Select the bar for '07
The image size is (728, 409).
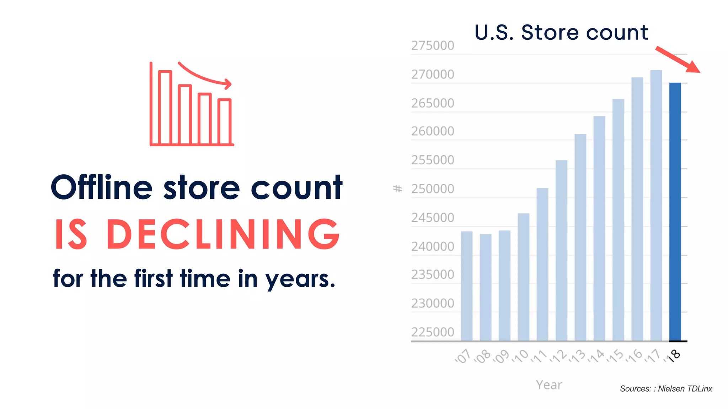466,286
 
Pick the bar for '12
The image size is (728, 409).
561,250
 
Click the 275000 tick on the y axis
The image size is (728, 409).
433,45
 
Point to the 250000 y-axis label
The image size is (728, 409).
433,189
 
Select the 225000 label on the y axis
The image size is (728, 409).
433,332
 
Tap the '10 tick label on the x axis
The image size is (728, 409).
520,356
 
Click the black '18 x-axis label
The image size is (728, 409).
674,355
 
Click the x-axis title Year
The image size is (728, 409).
549,385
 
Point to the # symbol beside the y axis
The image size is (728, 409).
397,189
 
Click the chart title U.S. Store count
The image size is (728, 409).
561,32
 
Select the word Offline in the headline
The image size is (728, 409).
102,187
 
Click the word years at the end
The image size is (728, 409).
300,279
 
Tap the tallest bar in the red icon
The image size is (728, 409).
165,107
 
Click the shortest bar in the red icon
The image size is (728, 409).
225,121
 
